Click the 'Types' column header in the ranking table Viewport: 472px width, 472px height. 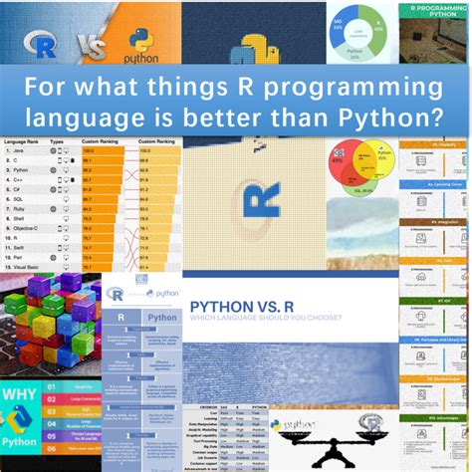(x=57, y=140)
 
